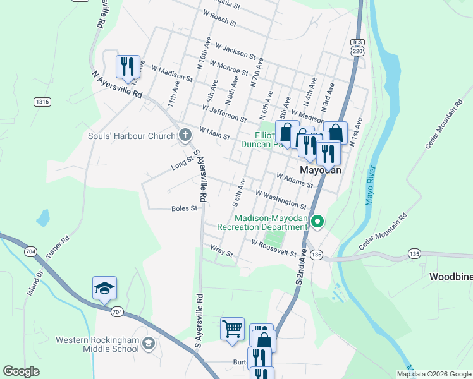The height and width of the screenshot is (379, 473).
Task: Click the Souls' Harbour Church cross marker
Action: [185, 135]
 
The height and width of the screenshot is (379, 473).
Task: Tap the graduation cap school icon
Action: [104, 289]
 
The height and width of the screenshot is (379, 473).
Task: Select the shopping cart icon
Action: [232, 329]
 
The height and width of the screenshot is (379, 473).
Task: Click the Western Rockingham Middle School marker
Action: [149, 344]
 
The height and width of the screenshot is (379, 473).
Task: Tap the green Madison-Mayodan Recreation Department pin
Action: [318, 222]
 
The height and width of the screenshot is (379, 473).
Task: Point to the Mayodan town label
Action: [320, 171]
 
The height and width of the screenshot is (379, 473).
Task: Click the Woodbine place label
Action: [451, 277]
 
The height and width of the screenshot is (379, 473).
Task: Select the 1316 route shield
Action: [43, 102]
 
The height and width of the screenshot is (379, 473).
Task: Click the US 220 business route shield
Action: [357, 50]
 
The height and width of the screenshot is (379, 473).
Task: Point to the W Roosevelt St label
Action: [274, 248]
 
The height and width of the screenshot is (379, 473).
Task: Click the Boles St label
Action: [185, 208]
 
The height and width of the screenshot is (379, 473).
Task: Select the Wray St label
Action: [222, 251]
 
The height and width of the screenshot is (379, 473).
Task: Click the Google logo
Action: [21, 371]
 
